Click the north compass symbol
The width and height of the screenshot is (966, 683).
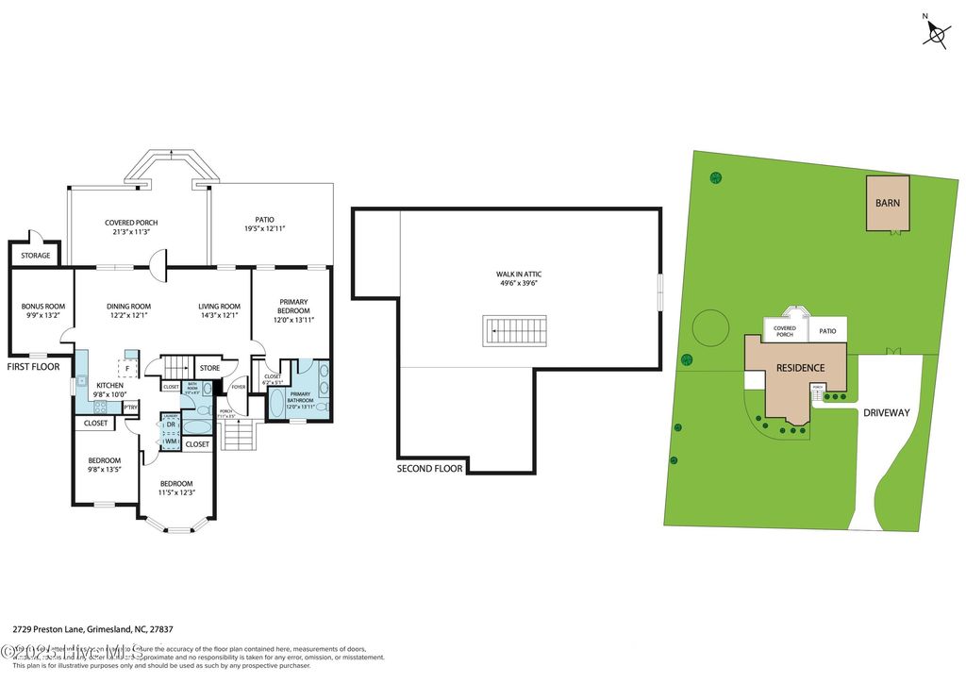936,35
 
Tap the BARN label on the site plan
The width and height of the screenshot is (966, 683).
887,203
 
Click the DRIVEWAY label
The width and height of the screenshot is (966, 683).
885,412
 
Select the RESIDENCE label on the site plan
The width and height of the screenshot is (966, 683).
800,368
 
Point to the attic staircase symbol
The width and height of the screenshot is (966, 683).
515,331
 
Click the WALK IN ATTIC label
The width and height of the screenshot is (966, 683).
519,279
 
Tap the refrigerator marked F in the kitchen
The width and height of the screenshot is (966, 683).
127,367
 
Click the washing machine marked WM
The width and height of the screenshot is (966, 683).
171,441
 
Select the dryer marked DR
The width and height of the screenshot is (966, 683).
171,425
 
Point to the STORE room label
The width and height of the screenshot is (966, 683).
208,368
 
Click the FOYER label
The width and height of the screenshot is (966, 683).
239,386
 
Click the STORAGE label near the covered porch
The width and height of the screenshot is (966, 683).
36,255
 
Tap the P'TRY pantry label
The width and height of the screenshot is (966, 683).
130,407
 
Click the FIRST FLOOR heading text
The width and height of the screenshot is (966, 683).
33,366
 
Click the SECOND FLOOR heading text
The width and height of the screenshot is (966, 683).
429,468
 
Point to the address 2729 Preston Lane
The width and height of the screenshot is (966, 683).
92,629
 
